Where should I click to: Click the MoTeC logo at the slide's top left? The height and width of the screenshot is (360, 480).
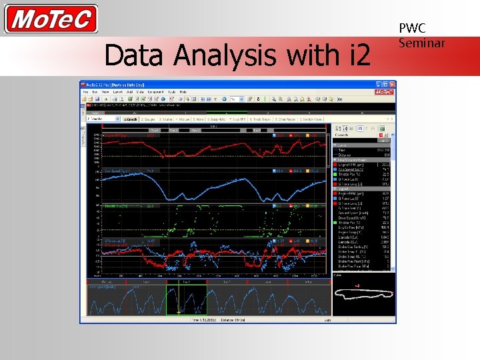(x=51, y=19)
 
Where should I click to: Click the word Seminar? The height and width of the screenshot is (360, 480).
(x=421, y=43)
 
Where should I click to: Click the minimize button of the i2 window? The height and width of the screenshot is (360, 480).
(x=377, y=85)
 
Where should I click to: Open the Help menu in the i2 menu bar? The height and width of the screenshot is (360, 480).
(x=183, y=91)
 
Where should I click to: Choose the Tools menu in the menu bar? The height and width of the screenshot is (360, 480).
(x=171, y=91)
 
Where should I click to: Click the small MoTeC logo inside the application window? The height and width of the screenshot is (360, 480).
(x=384, y=92)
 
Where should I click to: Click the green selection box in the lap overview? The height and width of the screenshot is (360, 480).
(x=186, y=299)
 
